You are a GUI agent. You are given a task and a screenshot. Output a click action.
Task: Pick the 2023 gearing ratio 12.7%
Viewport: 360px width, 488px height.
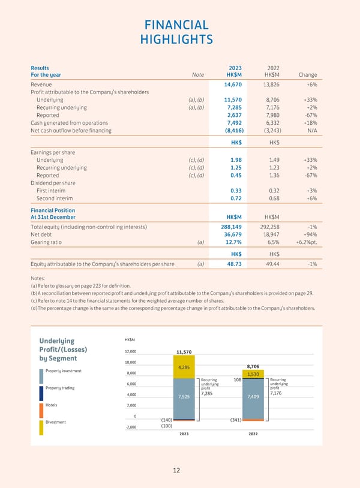click(233, 242)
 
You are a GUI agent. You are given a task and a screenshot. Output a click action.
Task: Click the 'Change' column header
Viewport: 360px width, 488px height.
click(307, 75)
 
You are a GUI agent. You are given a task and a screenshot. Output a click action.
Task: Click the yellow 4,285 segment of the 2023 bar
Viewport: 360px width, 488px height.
click(184, 367)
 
